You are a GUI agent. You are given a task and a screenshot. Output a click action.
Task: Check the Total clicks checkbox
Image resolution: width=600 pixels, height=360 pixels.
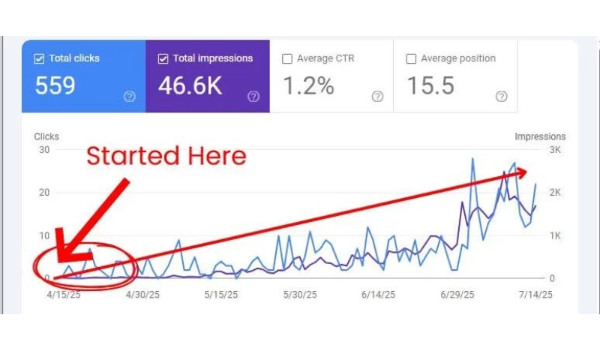(x=40, y=58)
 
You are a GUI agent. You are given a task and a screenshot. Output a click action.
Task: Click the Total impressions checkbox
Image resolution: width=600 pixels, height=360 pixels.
(x=163, y=58)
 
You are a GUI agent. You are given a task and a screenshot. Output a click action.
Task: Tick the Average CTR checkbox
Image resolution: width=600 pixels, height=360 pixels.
(x=286, y=58)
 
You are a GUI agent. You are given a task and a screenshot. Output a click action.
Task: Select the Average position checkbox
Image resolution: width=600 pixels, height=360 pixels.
(x=410, y=58)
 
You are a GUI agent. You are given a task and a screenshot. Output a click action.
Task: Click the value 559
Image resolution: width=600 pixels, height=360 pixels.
(x=55, y=85)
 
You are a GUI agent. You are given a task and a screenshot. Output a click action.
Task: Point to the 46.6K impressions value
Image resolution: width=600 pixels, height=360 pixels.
(x=190, y=85)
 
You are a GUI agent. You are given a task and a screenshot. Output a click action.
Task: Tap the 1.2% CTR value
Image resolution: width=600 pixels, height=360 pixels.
(x=308, y=85)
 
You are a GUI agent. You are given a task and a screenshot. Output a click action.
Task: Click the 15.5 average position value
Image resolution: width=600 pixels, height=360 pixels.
(x=430, y=85)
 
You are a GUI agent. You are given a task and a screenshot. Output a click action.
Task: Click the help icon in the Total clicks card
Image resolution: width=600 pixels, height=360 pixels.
(x=130, y=96)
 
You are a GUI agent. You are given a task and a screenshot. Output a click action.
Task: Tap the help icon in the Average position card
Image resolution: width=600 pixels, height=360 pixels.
(x=502, y=96)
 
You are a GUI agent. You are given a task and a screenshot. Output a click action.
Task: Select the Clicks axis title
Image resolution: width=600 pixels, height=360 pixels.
(x=46, y=136)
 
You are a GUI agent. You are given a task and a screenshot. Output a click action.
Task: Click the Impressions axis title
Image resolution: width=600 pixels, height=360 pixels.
(x=540, y=136)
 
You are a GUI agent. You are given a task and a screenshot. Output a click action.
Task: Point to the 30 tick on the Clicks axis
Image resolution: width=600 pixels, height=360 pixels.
(x=43, y=149)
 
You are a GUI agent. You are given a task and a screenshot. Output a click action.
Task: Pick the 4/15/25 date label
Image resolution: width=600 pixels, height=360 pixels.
(x=63, y=295)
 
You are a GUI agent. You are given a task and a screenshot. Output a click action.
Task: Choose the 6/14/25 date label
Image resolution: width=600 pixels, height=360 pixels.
(x=377, y=295)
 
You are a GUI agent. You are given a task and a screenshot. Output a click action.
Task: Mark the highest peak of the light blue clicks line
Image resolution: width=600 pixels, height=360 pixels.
(x=472, y=158)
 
